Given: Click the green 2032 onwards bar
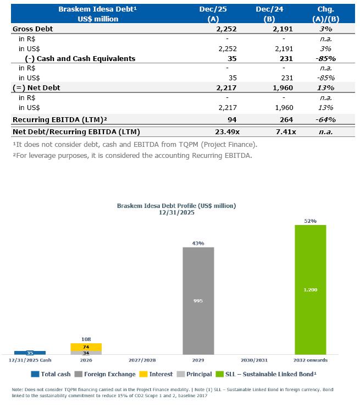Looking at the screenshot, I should (x=310, y=289).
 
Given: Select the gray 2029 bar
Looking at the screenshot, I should (x=198, y=300).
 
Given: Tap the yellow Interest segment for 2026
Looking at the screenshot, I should (x=86, y=347).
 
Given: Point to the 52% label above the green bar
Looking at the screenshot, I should (x=310, y=221).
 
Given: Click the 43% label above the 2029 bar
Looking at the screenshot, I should (x=198, y=243).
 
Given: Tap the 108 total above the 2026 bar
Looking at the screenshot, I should (x=86, y=339).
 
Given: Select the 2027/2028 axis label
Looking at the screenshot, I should (x=142, y=360).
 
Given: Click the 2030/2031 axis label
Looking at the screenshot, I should (x=254, y=360).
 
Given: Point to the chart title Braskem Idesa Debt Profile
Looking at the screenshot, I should (x=176, y=205).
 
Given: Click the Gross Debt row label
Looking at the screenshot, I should (x=32, y=29).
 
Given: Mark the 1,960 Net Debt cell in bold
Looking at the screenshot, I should (x=283, y=88).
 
